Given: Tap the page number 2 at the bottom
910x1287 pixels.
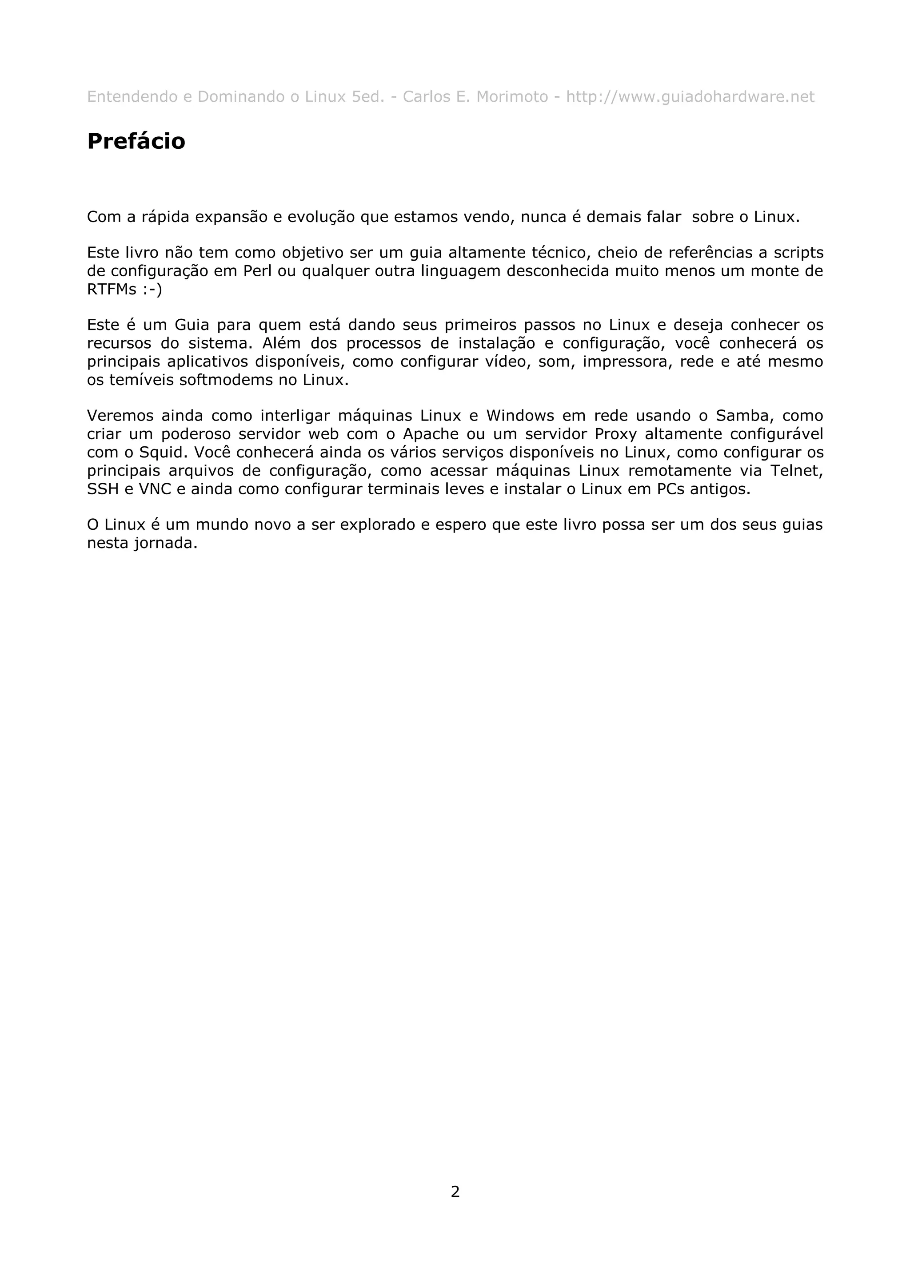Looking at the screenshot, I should (455, 1191).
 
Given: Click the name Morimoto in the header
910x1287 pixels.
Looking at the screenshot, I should (512, 97).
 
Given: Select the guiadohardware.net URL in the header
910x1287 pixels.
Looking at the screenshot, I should (690, 97).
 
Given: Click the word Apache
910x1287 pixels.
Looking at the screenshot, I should (430, 434).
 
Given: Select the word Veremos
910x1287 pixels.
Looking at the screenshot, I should (120, 416).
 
